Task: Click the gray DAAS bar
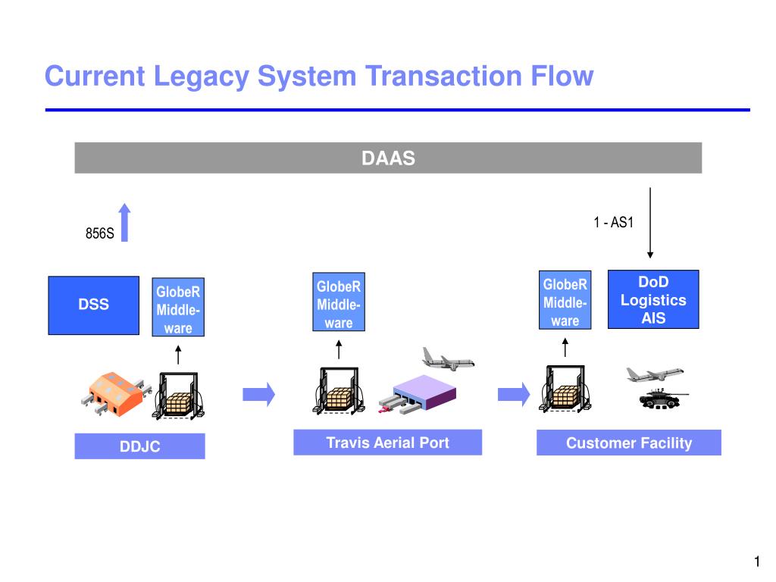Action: pyautogui.click(x=388, y=158)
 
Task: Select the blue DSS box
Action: pyautogui.click(x=93, y=305)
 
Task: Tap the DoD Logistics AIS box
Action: pyautogui.click(x=653, y=299)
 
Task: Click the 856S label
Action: pyautogui.click(x=99, y=233)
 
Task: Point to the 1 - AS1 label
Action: pyautogui.click(x=614, y=222)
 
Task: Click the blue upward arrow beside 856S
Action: pyautogui.click(x=125, y=222)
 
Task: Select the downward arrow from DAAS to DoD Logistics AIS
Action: pyautogui.click(x=650, y=223)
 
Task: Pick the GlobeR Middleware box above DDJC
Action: pyautogui.click(x=178, y=308)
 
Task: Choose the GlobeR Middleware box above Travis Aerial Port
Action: pyautogui.click(x=339, y=302)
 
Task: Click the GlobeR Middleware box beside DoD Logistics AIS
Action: pyautogui.click(x=565, y=300)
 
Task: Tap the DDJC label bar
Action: pyautogui.click(x=139, y=446)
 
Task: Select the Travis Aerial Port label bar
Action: pyautogui.click(x=387, y=443)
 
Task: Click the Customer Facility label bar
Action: pyautogui.click(x=629, y=443)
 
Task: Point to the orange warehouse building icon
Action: pyautogui.click(x=116, y=393)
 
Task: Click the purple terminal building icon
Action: pyautogui.click(x=418, y=394)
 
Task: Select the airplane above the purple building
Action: pyautogui.click(x=448, y=358)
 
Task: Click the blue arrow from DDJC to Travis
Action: pyautogui.click(x=259, y=394)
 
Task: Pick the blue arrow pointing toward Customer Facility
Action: pyautogui.click(x=514, y=394)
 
